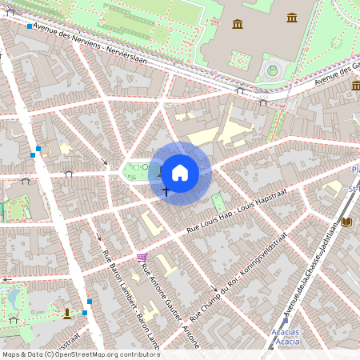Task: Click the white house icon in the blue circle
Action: pos(180,173)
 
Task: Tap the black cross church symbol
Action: pos(166,191)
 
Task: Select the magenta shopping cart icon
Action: pos(142,257)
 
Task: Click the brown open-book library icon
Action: pos(346,222)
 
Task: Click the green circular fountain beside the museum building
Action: pos(272,71)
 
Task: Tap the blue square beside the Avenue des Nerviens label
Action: pos(30,26)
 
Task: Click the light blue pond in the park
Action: pos(14,299)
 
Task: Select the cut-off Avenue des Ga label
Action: pos(336,76)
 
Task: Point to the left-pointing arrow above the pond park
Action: pos(6,279)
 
